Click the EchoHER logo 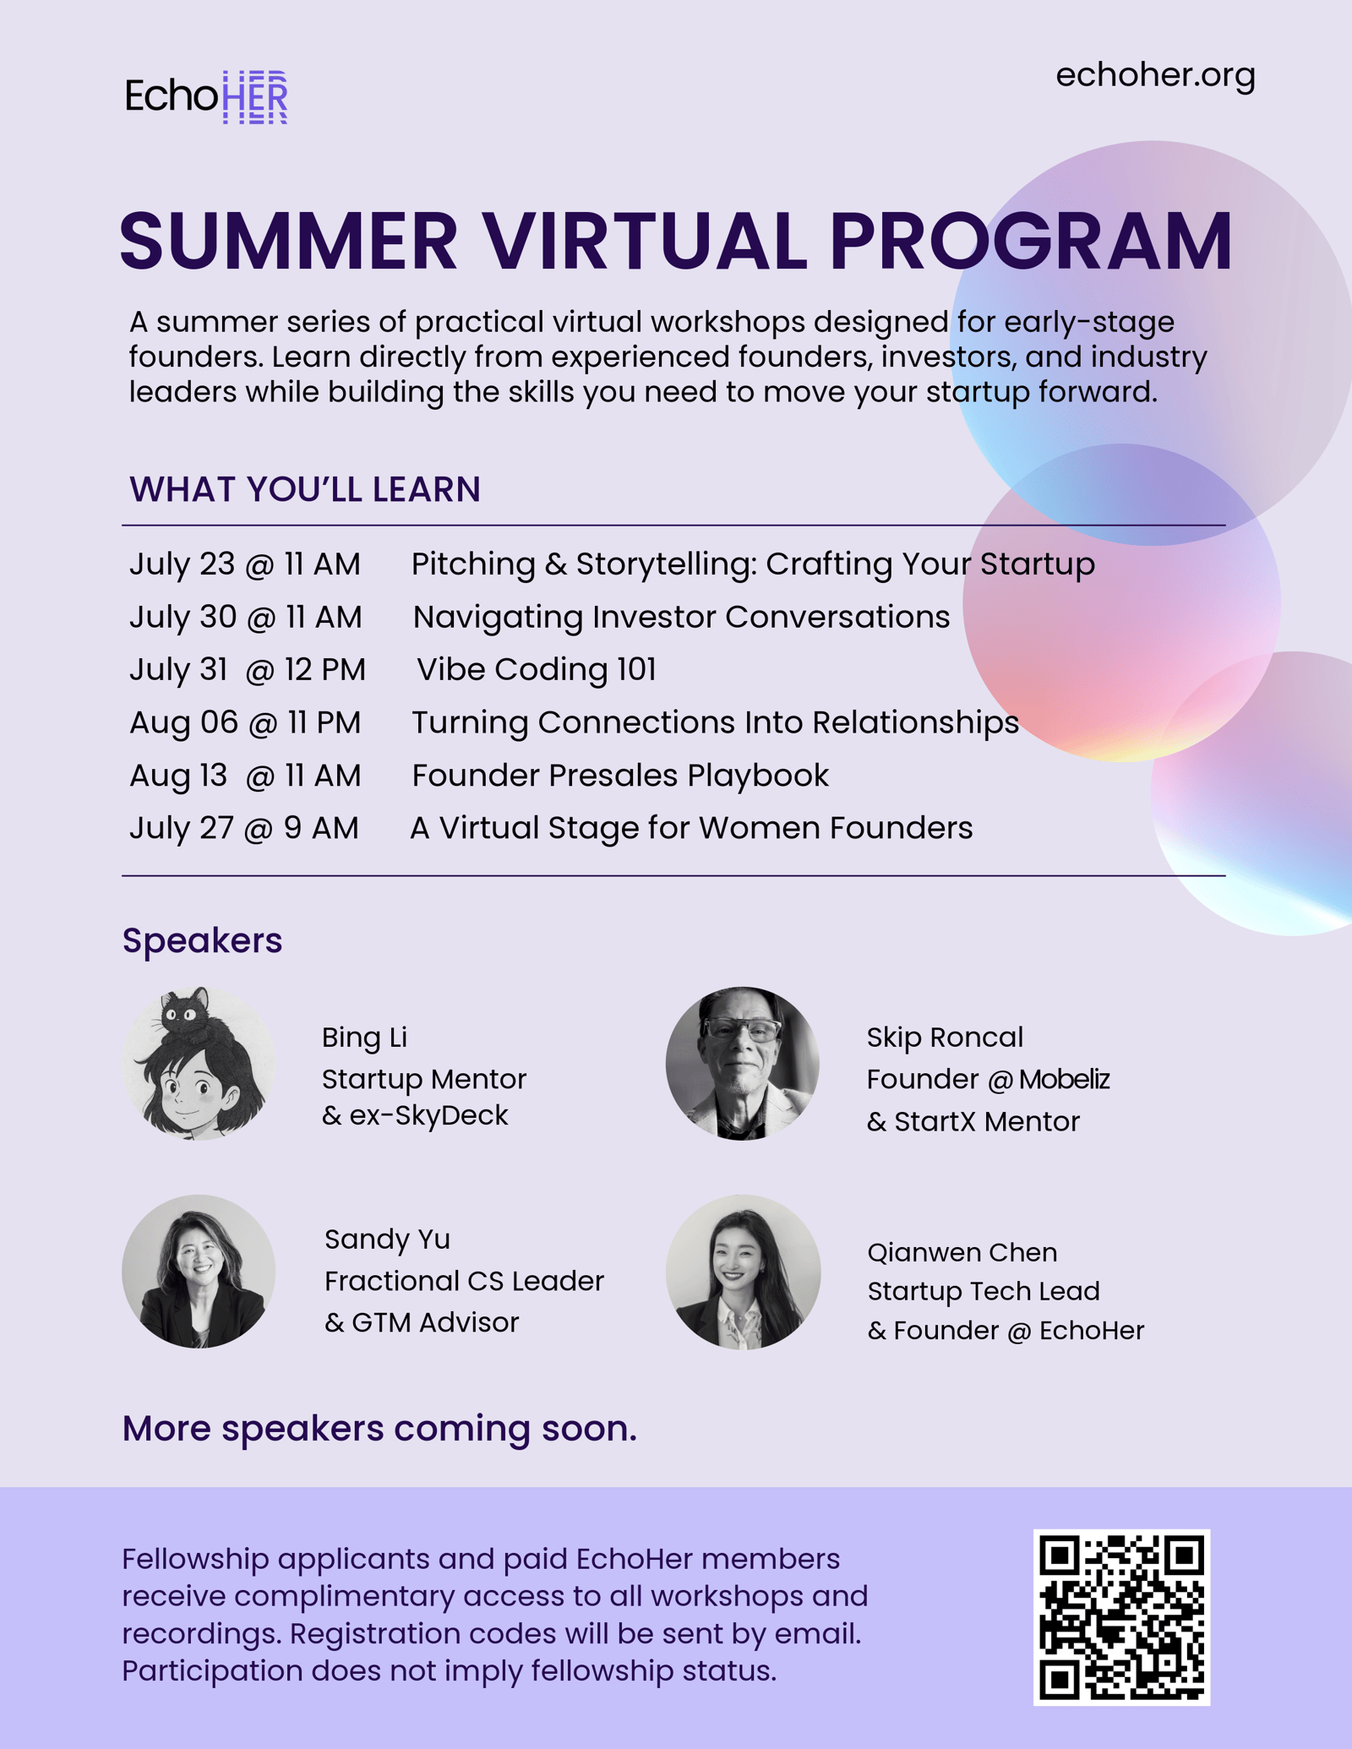(206, 96)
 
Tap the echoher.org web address (1155, 76)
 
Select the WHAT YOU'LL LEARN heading (305, 489)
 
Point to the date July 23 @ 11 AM (245, 564)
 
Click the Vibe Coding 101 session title (537, 669)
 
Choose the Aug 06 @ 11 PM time (245, 722)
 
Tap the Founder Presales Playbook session (620, 776)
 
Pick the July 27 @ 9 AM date (244, 828)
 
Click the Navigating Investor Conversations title (681, 618)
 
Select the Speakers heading (202, 940)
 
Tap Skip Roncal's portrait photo (743, 1063)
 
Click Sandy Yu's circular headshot (199, 1271)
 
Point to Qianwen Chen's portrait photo (743, 1271)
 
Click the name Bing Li (364, 1038)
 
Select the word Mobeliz (1064, 1079)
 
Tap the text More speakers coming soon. (379, 1428)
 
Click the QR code (1121, 1617)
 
